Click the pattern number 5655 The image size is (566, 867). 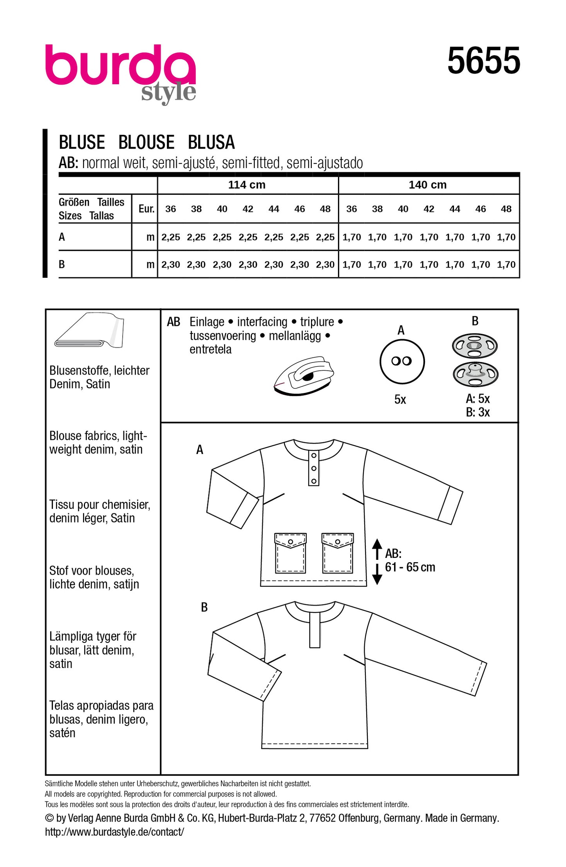483,61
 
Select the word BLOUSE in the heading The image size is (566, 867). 146,142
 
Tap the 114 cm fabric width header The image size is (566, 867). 247,185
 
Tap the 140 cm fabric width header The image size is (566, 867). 428,185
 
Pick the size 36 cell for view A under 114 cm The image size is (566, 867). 171,237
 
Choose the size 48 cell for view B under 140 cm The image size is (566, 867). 506,265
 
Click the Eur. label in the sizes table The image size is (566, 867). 146,209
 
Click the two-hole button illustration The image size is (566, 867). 401,361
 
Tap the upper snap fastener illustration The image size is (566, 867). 474,346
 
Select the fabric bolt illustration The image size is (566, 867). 90,331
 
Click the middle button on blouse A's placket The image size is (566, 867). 314,468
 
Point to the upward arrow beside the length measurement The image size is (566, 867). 377,549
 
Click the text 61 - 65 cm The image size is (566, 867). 410,567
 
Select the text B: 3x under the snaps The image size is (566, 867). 477,412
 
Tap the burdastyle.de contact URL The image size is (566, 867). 114,832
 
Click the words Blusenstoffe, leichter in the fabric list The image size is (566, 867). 99,371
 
